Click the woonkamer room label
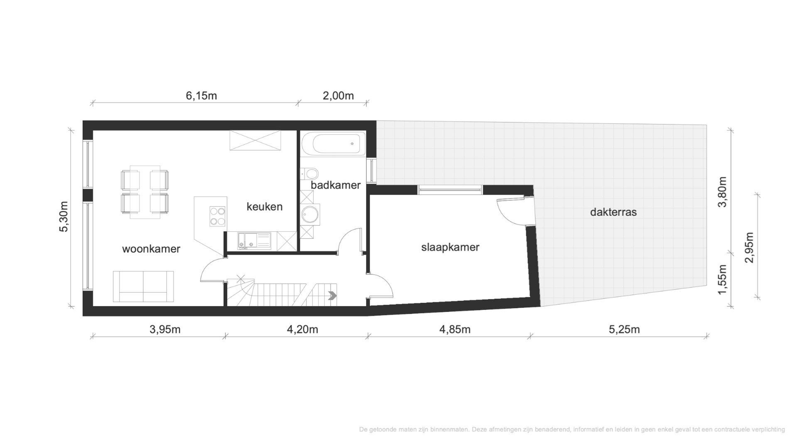pos(151,249)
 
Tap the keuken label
pos(265,206)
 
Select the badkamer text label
pos(336,185)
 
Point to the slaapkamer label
pos(450,247)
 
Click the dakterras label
pos(613,212)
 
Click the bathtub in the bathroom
pos(333,144)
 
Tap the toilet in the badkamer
pos(309,172)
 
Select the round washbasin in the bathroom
pos(310,215)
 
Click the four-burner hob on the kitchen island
pos(217,216)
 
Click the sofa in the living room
pos(143,287)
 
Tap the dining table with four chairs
pos(145,191)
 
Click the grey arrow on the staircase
pos(332,296)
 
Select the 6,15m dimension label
pos(201,96)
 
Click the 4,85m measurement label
pos(455,330)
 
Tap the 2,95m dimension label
pos(749,247)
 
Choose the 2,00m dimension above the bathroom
pos(338,96)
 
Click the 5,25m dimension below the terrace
pos(624,330)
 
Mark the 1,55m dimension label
pos(723,279)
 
